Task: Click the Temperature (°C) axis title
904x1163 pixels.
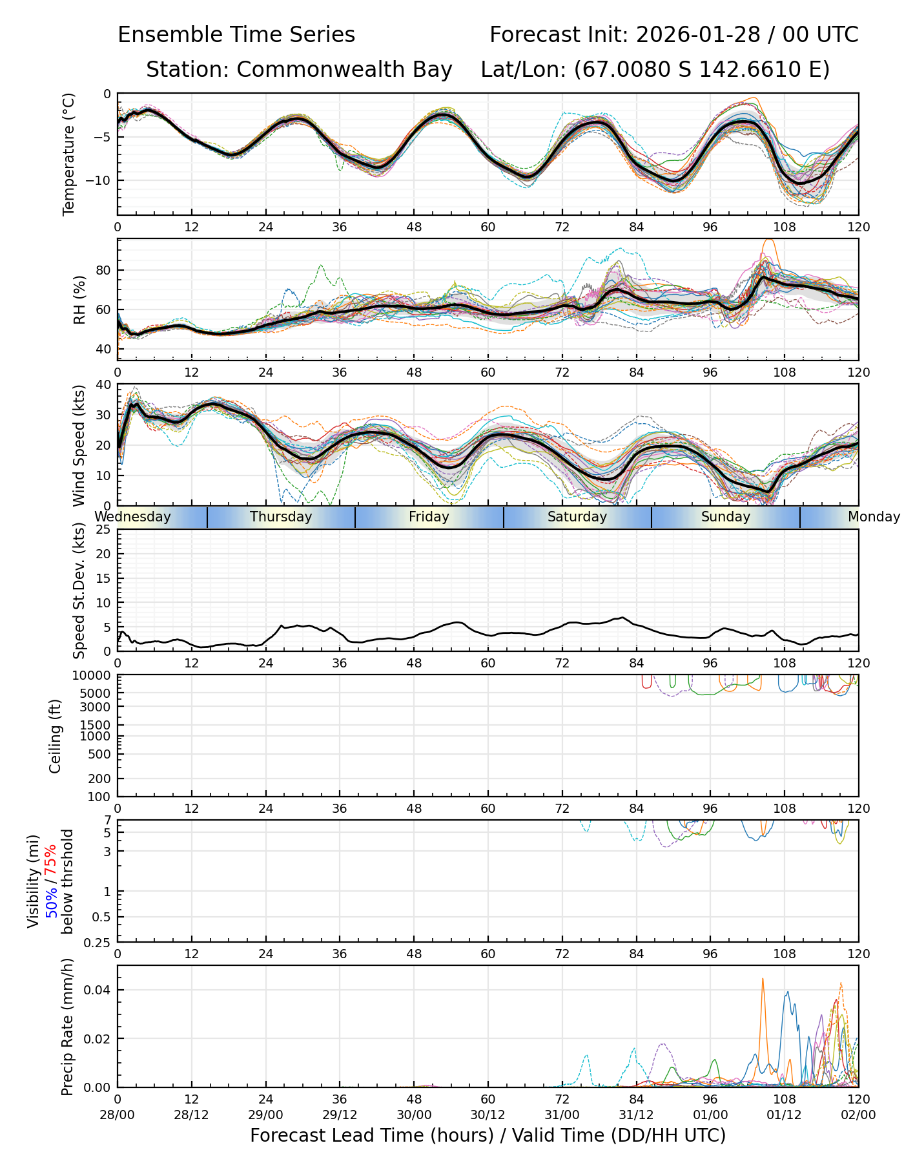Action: pos(69,154)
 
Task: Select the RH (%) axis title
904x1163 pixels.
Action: pos(79,300)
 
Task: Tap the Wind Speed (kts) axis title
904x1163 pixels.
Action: pos(79,445)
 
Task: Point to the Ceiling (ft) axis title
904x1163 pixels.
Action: pos(56,735)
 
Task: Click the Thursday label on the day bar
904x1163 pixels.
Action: pos(281,517)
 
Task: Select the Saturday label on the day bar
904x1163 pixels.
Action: pos(577,517)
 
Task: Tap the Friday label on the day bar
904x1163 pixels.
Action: pos(429,517)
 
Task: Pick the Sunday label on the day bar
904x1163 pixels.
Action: pos(726,517)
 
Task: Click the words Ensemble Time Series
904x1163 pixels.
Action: pos(236,35)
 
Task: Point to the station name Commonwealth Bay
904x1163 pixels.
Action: pos(344,70)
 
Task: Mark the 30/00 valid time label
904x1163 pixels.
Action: pos(414,1115)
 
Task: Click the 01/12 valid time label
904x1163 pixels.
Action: pos(785,1115)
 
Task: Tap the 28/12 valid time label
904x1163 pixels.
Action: pos(191,1115)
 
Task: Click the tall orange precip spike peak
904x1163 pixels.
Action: pos(763,980)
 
